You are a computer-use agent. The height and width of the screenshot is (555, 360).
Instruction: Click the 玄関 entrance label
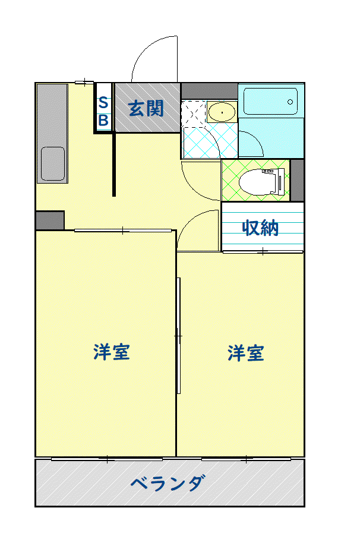coord(146,108)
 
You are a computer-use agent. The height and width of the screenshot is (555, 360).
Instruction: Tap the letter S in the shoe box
coord(103,103)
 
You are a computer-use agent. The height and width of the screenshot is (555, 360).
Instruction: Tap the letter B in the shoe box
coord(103,121)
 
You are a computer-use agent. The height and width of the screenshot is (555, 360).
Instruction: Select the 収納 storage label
coord(261,228)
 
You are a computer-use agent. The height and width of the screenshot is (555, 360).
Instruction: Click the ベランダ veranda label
coord(168,483)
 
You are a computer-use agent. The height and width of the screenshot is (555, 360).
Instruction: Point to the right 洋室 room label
coord(246,353)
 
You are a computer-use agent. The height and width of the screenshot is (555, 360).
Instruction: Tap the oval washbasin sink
coord(222,112)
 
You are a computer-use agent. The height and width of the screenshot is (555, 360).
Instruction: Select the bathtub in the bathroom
coord(271,101)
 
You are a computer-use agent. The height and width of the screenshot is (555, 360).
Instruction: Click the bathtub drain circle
coord(290,102)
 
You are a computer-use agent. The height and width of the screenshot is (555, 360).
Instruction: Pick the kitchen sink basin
coord(53,164)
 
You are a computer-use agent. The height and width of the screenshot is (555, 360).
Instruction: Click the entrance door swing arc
coord(145,49)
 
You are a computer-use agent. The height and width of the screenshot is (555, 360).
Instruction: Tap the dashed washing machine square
coord(193,113)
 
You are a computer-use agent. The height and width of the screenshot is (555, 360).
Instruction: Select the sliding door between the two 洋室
coord(179,336)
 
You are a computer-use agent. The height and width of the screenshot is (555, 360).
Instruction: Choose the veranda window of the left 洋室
coord(107,459)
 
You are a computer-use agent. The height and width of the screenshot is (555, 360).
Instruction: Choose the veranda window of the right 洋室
coord(247,459)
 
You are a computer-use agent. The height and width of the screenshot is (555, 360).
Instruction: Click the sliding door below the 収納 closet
coord(263,252)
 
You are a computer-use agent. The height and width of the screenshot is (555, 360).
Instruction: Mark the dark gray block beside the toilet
coord(297,181)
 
